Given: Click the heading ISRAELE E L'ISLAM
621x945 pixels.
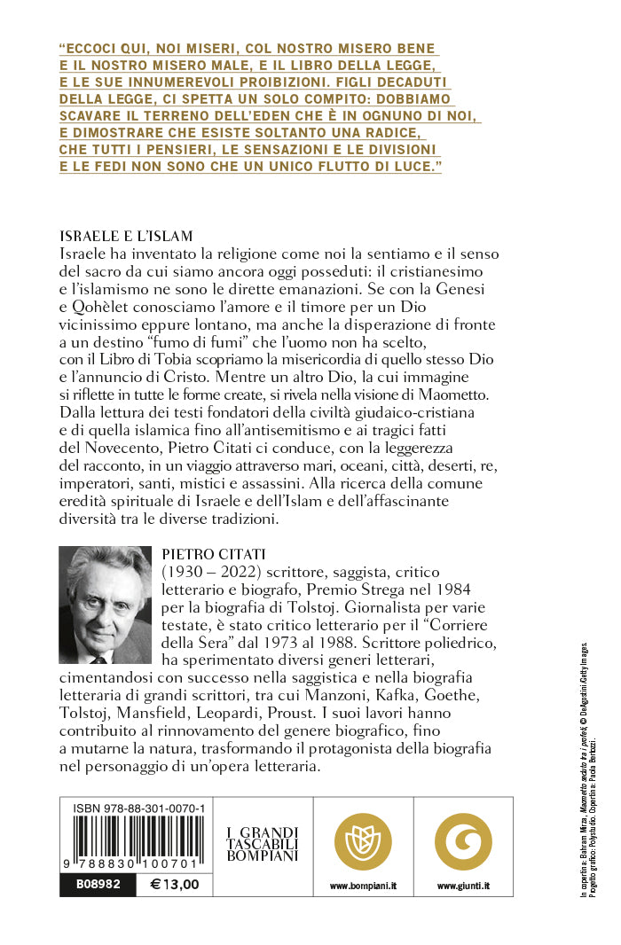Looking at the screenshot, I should (125, 236).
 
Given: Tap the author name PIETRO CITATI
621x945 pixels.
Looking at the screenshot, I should (209, 555).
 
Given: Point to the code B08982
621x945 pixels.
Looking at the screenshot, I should (86, 884).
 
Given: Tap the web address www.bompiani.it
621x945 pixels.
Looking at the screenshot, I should (363, 886).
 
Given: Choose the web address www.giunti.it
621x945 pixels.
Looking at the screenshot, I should (463, 886).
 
